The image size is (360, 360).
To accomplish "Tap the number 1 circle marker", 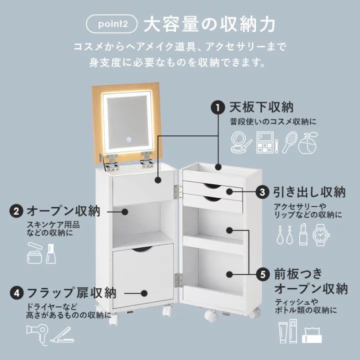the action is click(x=218, y=107).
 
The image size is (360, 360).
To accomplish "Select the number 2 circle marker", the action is click(x=16, y=211).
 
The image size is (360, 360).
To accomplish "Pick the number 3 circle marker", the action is click(x=262, y=192).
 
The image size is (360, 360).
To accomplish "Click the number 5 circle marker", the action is click(x=262, y=274).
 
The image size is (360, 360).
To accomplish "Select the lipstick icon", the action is click(x=303, y=234).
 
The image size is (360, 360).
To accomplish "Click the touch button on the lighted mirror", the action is click(x=127, y=139).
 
